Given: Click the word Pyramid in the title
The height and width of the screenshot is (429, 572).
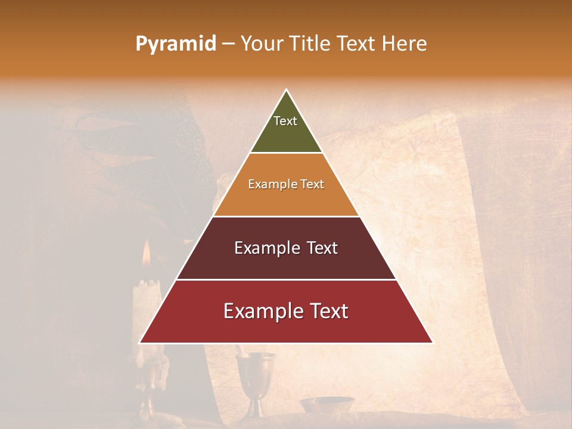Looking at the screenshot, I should pyautogui.click(x=175, y=44).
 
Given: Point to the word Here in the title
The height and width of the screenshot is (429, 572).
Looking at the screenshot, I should pyautogui.click(x=404, y=44).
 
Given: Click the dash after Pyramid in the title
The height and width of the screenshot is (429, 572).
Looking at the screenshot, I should pyautogui.click(x=228, y=44).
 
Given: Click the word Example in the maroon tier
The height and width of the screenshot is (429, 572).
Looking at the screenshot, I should pyautogui.click(x=268, y=248).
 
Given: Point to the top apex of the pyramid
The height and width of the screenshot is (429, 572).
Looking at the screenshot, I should pyautogui.click(x=286, y=91).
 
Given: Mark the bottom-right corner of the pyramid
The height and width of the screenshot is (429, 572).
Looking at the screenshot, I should pyautogui.click(x=432, y=343).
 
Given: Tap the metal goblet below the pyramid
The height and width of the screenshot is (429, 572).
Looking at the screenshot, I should pyautogui.click(x=256, y=375).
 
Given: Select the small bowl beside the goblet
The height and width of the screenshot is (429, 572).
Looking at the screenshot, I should pyautogui.click(x=327, y=405).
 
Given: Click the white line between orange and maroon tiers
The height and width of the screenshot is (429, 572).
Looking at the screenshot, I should pyautogui.click(x=286, y=216).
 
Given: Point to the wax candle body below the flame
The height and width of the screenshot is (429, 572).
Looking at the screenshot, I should pyautogui.click(x=145, y=304).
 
